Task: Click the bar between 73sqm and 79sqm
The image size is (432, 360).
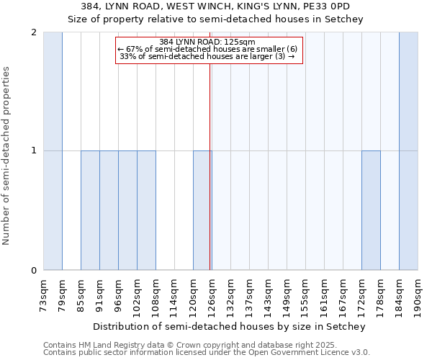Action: (53, 151)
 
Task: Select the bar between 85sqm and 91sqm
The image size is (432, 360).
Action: (90, 210)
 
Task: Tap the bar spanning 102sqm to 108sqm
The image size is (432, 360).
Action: (146, 210)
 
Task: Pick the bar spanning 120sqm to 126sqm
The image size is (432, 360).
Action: (202, 210)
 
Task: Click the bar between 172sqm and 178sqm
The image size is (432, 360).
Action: (371, 210)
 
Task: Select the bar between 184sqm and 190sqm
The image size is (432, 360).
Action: (408, 151)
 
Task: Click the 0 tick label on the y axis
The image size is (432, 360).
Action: (34, 271)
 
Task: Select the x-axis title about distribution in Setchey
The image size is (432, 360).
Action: (230, 326)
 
